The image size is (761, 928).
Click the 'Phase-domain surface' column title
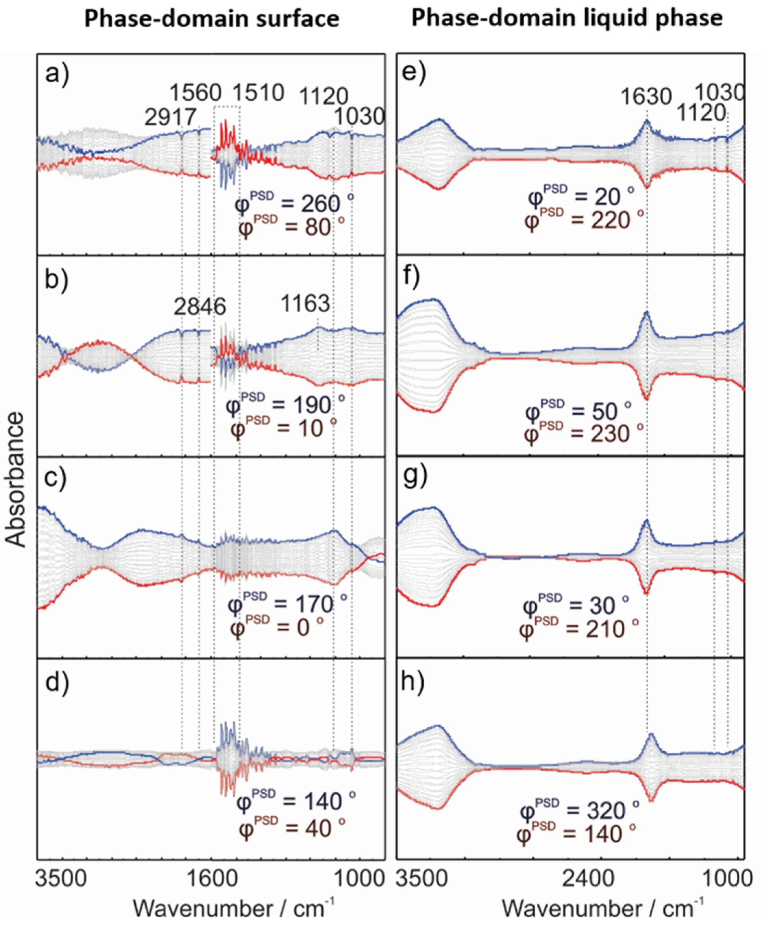[x=211, y=18]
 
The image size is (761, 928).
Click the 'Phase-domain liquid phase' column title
[x=566, y=18]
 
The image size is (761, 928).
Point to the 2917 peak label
[x=170, y=117]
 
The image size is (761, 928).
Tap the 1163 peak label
[x=305, y=303]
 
